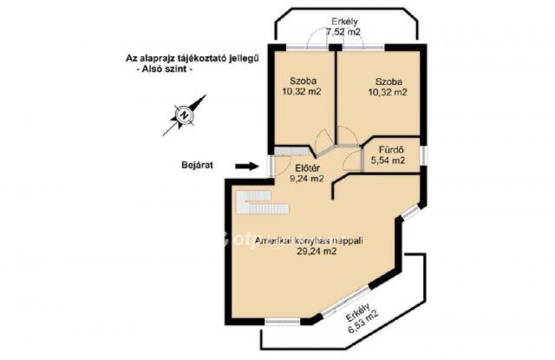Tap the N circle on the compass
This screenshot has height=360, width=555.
click(x=184, y=115)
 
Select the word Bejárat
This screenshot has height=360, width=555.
click(x=197, y=165)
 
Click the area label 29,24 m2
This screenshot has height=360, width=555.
click(x=317, y=252)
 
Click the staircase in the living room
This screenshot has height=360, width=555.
click(x=263, y=202)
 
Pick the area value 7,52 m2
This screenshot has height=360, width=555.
click(x=343, y=31)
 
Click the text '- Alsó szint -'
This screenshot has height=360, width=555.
click(x=165, y=69)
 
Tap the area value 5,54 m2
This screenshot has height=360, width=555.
click(x=388, y=160)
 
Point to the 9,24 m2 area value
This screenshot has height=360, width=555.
click(x=307, y=179)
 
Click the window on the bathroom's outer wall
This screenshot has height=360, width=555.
click(x=423, y=156)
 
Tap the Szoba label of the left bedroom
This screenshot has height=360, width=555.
click(x=303, y=81)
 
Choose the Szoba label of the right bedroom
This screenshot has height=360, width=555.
click(x=388, y=82)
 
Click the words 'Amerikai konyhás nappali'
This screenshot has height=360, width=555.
click(x=309, y=241)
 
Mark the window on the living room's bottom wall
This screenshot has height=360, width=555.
click(x=283, y=322)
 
